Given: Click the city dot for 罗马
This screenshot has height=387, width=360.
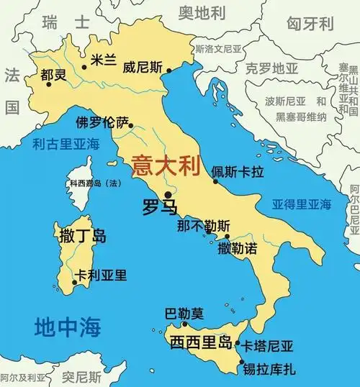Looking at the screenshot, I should coord(168,194).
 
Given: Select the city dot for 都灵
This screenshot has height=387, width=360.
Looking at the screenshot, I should coord(49,84).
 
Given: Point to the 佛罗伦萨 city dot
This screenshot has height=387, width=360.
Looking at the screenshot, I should coord(131,125).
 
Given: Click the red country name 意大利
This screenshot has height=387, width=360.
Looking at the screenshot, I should coord(163,168).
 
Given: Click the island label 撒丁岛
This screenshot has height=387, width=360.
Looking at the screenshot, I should coord(81,235).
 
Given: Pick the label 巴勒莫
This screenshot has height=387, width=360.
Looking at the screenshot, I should coord(184,314).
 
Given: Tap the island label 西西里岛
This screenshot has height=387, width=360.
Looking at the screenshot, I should coord(199,342).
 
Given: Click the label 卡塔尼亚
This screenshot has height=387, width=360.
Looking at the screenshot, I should coord(269,346).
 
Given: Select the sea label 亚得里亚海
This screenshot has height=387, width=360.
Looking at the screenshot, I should coord(301,204).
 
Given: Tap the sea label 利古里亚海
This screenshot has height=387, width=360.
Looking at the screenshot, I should coord(66,144).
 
